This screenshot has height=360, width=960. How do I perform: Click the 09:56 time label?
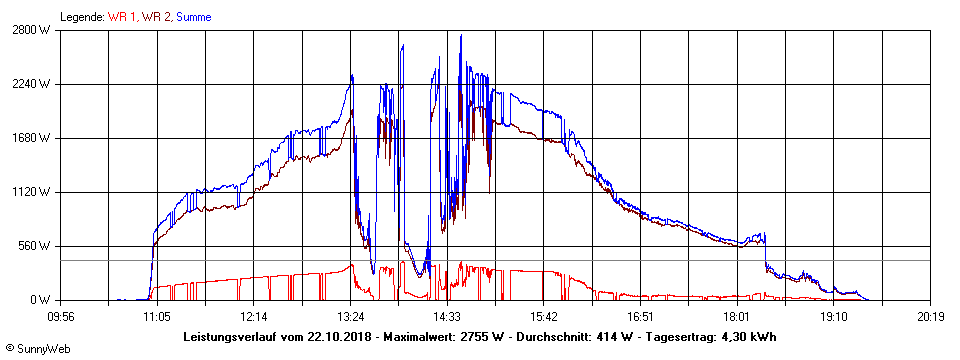[x=61, y=316]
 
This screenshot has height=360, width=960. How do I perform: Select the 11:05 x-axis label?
[x=157, y=316]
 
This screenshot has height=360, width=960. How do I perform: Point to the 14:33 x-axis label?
[x=447, y=316]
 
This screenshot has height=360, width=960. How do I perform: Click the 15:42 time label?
[x=544, y=316]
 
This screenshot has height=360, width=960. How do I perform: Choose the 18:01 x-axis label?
[x=737, y=316]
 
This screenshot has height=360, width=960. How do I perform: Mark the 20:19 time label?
[x=931, y=316]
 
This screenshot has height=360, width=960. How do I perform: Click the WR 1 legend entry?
[x=123, y=17]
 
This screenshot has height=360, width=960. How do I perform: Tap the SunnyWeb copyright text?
[x=37, y=349]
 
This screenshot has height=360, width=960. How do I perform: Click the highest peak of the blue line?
[x=461, y=36]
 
